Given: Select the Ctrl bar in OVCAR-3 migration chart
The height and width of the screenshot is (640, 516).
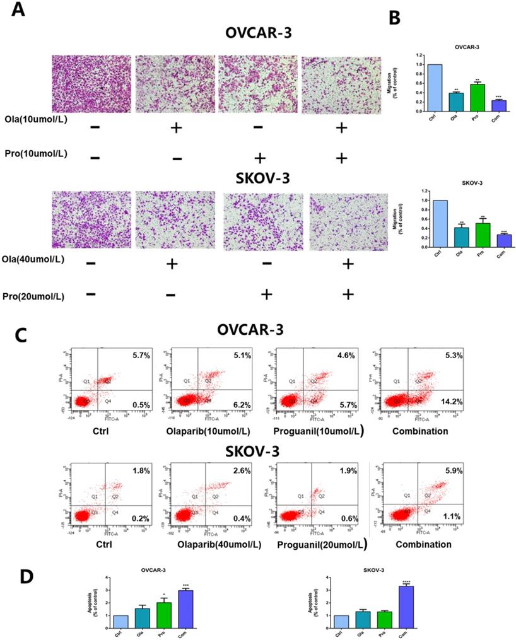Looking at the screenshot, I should point(435,88).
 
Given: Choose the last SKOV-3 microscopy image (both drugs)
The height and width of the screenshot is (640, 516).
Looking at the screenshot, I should point(348,220).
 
